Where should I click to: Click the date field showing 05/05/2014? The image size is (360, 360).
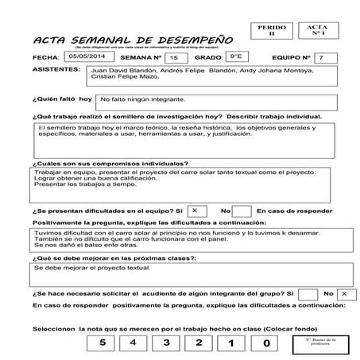pyautogui.click(x=86, y=57)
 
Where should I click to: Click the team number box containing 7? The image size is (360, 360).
pyautogui.click(x=319, y=58)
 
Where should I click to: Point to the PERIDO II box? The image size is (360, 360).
pyautogui.click(x=270, y=31)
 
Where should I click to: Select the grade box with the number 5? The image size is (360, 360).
pyautogui.click(x=102, y=343)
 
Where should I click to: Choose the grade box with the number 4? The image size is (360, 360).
pyautogui.click(x=134, y=343)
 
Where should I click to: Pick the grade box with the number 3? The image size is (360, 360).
pyautogui.click(x=167, y=343)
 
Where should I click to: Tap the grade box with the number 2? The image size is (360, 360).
pyautogui.click(x=199, y=343)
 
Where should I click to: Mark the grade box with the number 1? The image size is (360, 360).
pyautogui.click(x=233, y=343)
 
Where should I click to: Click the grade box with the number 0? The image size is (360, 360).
pyautogui.click(x=265, y=343)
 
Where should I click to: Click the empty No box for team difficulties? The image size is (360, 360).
pyautogui.click(x=242, y=210)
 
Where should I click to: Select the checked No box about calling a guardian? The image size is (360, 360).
pyautogui.click(x=343, y=293)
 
